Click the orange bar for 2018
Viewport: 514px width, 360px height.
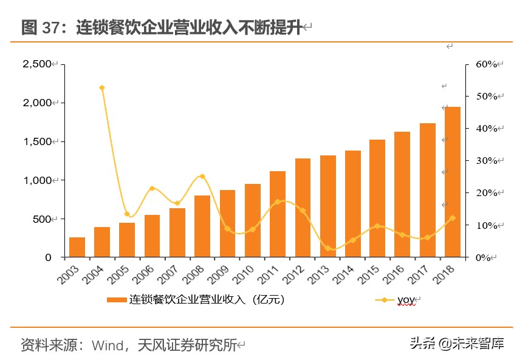click(452, 182)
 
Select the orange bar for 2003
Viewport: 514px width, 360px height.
click(77, 247)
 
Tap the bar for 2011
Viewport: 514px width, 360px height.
click(278, 214)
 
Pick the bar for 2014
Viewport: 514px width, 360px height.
click(352, 204)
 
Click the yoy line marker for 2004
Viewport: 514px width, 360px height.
click(102, 88)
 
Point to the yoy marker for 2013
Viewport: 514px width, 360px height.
click(327, 248)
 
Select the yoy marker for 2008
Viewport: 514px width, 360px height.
click(202, 177)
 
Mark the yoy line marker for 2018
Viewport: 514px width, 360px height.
click(452, 218)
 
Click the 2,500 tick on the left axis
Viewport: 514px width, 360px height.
click(37, 64)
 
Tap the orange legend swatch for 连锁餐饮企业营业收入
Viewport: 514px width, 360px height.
click(117, 300)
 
